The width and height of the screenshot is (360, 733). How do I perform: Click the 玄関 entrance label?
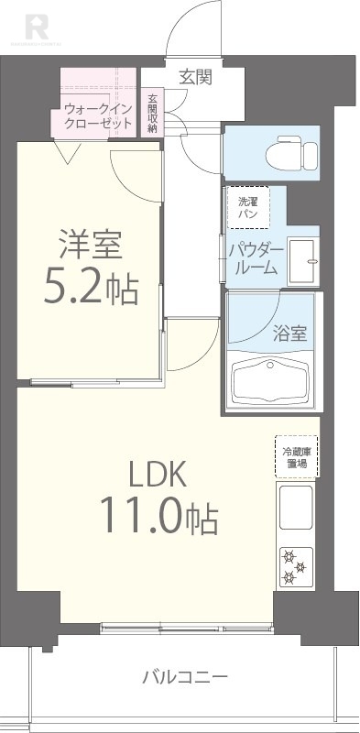(x=195, y=77)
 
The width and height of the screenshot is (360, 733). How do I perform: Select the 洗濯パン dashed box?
(x=247, y=207)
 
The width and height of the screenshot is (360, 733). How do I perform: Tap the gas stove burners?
(x=295, y=565)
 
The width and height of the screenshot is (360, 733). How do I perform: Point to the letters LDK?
(x=157, y=475)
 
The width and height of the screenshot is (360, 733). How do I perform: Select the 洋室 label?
(x=91, y=245)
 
